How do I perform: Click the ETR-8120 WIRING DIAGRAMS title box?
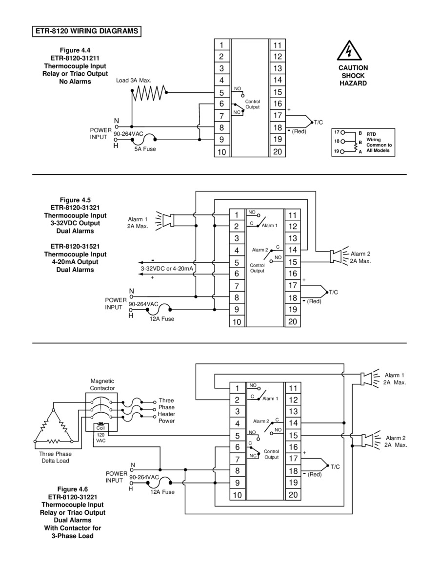(87, 31)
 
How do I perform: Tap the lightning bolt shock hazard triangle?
(349, 51)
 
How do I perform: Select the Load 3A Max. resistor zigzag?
(149, 93)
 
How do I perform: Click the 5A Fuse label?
(145, 149)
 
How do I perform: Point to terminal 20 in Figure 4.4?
(278, 151)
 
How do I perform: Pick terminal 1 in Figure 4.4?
(222, 45)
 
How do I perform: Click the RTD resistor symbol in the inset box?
(356, 147)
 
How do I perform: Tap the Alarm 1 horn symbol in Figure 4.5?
(165, 221)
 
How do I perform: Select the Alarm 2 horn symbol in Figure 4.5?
(339, 256)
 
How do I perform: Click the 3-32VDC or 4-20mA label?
(167, 269)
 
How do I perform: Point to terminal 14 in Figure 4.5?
(293, 250)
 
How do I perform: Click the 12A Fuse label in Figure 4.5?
(162, 319)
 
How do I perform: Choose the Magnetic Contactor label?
(102, 385)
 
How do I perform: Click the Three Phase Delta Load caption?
(55, 457)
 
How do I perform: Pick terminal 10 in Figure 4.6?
(237, 495)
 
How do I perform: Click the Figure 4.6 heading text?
(73, 489)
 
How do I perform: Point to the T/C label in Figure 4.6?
(335, 466)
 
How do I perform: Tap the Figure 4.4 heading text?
(75, 50)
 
